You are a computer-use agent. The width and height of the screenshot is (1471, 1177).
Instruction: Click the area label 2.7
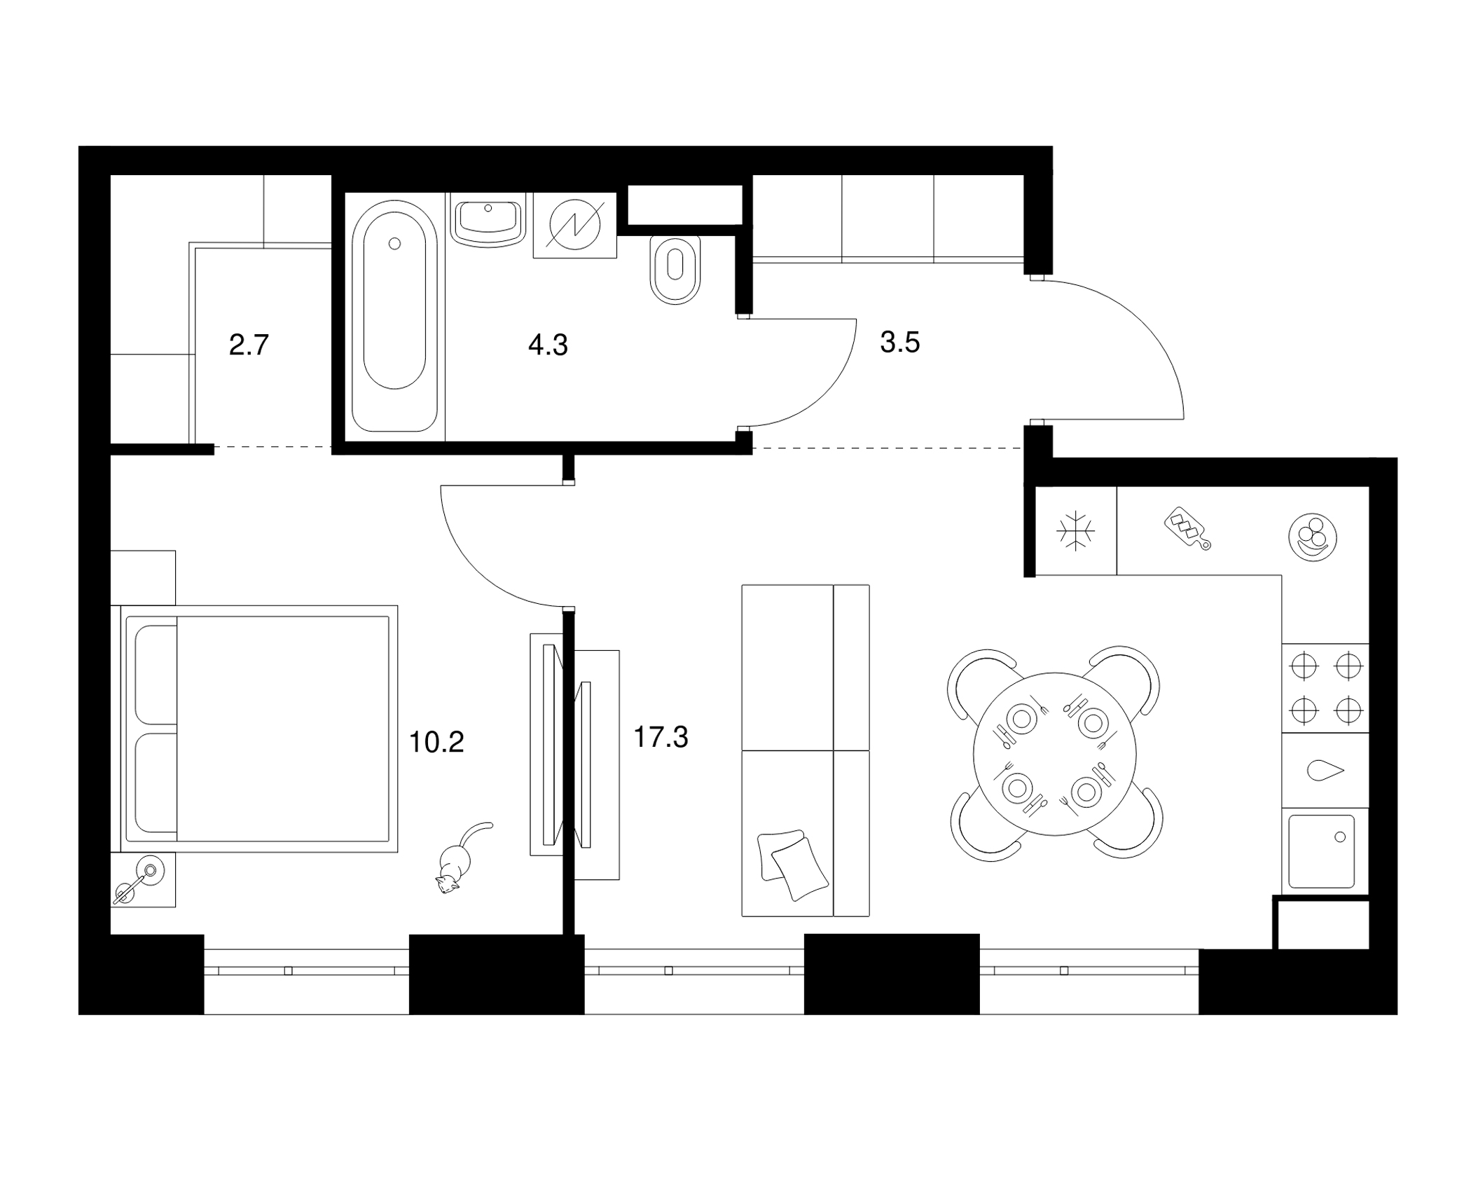[x=249, y=345]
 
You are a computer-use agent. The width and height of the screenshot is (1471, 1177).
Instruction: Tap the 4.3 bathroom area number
[x=548, y=345]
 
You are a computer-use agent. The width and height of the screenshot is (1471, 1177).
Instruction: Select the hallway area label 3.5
[x=900, y=343]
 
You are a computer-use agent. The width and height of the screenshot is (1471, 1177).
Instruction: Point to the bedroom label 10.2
[x=436, y=742]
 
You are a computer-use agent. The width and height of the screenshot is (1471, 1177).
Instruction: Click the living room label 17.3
[x=661, y=737]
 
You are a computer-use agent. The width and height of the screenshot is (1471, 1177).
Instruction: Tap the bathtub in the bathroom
[x=395, y=315]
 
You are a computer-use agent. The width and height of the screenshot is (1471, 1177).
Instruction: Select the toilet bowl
[x=675, y=268]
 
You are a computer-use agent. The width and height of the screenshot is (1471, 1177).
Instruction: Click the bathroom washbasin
[x=488, y=220]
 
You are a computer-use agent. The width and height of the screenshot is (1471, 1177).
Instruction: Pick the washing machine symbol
[x=575, y=226]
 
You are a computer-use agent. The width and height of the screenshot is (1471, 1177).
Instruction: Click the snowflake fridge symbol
[x=1076, y=530]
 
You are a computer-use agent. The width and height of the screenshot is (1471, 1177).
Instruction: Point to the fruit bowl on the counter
[x=1313, y=537]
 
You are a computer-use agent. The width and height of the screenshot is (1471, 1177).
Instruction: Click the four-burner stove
[x=1325, y=688]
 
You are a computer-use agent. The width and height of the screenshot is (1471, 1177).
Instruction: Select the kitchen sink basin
[x=1322, y=852]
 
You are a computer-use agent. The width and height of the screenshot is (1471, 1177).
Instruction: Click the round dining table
[x=1054, y=754]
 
